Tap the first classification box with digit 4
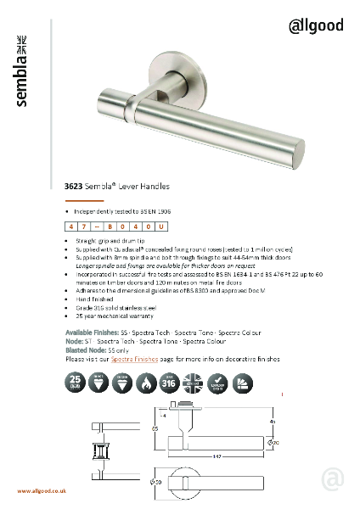pos(70,227)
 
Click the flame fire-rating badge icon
pos(145,381)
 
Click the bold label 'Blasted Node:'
pos(86,351)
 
